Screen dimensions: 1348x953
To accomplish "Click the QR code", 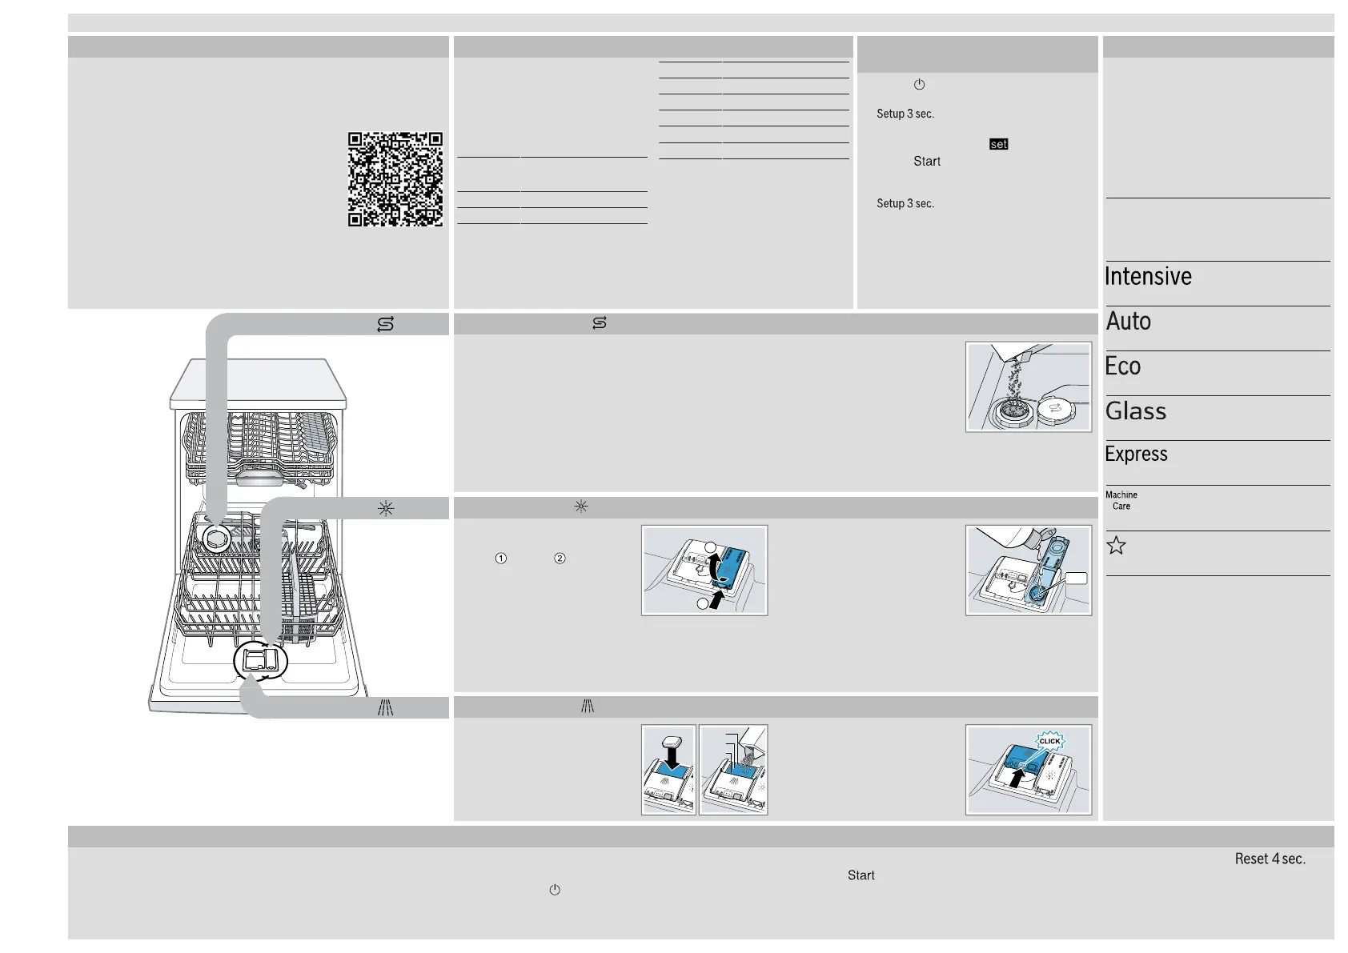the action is (395, 179).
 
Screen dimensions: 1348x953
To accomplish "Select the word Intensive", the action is (1148, 276).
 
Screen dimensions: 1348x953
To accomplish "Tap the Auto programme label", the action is (1129, 322).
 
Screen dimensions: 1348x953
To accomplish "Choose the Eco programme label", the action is (1122, 366).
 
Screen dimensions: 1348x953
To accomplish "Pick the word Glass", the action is (1136, 411).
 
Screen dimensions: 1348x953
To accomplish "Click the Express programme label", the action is (1136, 454).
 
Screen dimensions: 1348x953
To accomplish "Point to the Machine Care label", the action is (1121, 501).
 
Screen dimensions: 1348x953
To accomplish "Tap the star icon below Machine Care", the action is (1117, 545).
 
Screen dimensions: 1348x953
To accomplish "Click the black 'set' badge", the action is (998, 144).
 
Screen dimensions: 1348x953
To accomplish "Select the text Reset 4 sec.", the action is (1270, 859).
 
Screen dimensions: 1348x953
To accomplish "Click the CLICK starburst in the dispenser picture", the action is (1049, 741).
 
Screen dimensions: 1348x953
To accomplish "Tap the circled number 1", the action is (500, 559).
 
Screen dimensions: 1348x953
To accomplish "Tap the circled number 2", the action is (560, 559).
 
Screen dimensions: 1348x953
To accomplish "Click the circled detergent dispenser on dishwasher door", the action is (261, 661).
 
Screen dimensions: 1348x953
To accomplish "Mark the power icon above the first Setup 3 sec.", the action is (919, 84).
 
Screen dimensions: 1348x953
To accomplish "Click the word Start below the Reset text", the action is (861, 875).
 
